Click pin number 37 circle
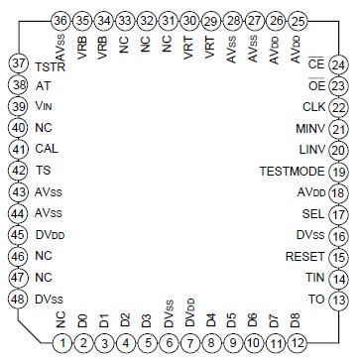[x=17, y=64]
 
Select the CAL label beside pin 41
[x=46, y=149]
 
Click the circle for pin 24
[x=338, y=64]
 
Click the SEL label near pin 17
[x=312, y=213]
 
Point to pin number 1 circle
[x=61, y=344]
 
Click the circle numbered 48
[x=17, y=327]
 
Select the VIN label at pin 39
[x=45, y=107]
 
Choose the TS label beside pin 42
[x=43, y=170]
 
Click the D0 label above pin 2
[x=83, y=320]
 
